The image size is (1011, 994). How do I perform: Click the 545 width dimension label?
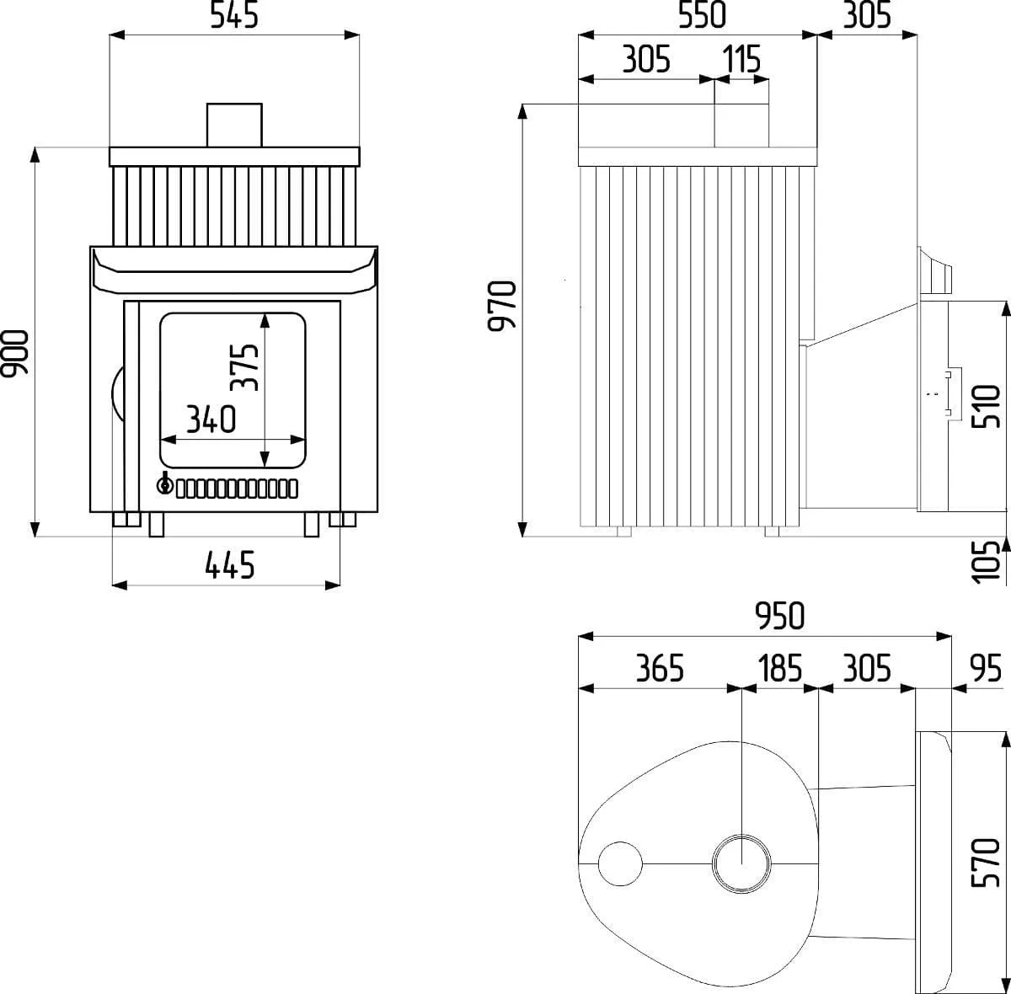234,15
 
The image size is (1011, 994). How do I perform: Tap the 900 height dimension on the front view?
14,353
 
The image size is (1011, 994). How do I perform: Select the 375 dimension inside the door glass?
244,366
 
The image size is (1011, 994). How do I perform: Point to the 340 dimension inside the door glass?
211,420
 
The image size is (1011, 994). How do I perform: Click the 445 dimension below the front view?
229,565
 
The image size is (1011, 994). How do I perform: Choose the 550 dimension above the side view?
702,15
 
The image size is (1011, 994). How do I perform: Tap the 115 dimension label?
741,59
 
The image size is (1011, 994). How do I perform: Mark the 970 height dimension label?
502,306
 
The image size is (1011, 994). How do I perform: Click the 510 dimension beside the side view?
987,406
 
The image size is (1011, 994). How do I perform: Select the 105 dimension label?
987,562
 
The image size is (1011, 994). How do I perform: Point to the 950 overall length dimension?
779,616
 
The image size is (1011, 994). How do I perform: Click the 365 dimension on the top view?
660,668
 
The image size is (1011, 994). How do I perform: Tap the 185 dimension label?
781,668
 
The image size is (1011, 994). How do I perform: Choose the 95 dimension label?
986,668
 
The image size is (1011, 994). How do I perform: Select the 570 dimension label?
987,863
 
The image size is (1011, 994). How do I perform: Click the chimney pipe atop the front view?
234,126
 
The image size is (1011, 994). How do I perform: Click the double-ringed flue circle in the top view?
741,863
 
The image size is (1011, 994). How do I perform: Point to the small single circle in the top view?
620,863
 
